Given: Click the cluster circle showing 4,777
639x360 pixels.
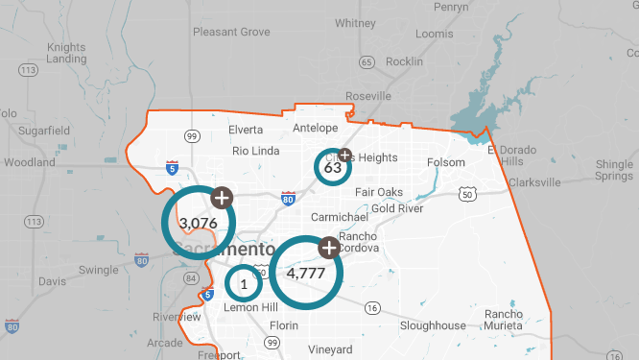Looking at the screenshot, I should pos(306,273).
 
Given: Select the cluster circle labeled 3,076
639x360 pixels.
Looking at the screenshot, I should pos(199,223).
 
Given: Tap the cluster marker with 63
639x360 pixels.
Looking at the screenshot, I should pos(333,168).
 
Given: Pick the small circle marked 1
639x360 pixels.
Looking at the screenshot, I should pos(244,284).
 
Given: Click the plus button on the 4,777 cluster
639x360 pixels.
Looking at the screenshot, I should pos(329,248).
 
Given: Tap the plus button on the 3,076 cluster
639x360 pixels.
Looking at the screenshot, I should pos(222,198).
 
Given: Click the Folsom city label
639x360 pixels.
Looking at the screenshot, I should pos(445,162).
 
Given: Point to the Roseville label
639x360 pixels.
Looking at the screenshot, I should pos(369,96).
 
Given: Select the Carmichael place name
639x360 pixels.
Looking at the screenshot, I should pos(339,218).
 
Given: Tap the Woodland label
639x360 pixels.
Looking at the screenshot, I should pos(30,162).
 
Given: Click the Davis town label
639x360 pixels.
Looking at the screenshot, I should pos(52,281).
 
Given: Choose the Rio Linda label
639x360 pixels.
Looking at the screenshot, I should pos(255,150).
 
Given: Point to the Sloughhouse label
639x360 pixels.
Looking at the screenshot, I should pos(433,325).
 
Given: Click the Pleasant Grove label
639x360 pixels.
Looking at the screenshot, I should pos(231,32).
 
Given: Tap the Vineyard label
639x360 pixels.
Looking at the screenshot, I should pos(331,349).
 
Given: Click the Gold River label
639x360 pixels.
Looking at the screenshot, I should pos(397,208).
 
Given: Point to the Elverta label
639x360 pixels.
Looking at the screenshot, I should pos(246,130).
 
